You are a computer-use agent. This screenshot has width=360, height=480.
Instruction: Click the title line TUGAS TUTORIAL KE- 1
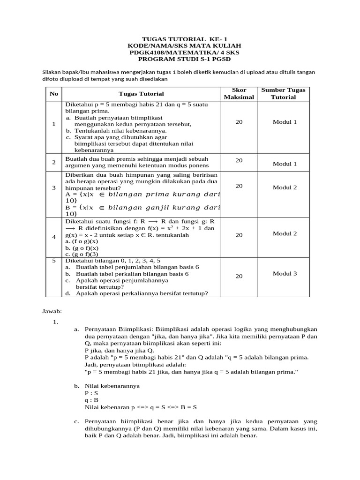(180, 38)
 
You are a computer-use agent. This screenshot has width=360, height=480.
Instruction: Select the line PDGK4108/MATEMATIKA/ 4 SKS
(180, 52)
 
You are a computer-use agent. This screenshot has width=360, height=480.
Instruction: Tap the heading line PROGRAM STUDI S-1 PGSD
(180, 60)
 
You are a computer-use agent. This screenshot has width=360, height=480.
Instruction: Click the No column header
(54, 94)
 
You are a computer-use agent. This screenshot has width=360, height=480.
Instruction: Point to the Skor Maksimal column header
(239, 93)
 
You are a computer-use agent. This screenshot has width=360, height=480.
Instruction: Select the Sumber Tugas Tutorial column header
(283, 93)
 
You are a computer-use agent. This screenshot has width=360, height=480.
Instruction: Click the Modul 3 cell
(285, 273)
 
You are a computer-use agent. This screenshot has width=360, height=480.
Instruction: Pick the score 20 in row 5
(239, 277)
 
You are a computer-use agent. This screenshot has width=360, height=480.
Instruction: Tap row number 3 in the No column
(54, 187)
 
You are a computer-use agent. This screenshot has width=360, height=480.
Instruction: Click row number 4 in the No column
(54, 237)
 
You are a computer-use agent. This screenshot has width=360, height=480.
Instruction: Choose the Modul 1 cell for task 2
(285, 164)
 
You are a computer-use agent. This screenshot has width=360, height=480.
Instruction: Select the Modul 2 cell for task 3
(285, 187)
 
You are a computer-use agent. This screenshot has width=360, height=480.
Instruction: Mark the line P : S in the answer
(91, 393)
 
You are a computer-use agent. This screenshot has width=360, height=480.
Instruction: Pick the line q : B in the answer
(91, 400)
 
